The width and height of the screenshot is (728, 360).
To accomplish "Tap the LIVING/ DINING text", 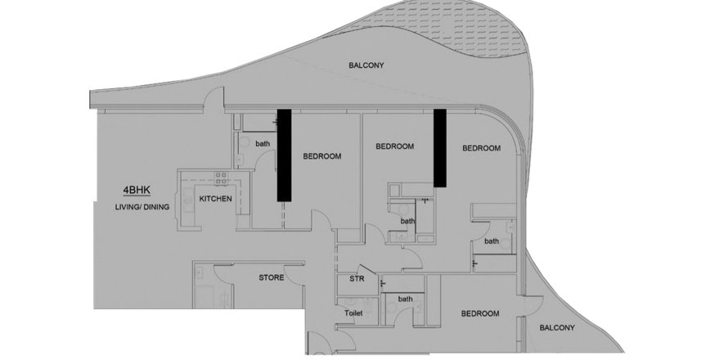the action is point(142,207).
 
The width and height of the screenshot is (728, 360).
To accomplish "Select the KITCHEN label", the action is point(215,199).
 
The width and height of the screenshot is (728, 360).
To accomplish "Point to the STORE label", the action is point(272,278).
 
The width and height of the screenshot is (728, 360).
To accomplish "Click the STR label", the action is point(357,279).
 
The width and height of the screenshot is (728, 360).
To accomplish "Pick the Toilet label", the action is point(353,313).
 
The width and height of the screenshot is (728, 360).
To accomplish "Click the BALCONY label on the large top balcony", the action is point(366,65).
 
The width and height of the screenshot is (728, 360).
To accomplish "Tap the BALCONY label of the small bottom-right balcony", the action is point(557,328).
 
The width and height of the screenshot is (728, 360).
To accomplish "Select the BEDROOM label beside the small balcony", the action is point(480,313).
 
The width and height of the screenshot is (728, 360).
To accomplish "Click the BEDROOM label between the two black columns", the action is point(394,146).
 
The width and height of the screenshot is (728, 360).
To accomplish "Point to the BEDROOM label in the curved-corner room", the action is point(482,148).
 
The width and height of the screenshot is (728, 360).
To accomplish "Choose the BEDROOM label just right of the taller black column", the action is point(322,156).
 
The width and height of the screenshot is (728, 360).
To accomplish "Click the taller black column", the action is point(284,155).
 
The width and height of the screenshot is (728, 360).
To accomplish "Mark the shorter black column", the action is point(440,148).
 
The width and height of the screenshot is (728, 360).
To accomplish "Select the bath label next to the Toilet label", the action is point(406,299).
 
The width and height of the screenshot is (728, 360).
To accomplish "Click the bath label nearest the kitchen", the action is point(263,144).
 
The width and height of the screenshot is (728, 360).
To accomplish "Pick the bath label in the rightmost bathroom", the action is point(492,241).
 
